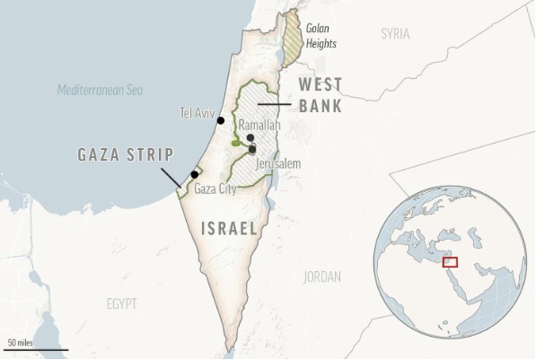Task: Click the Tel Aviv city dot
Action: pyautogui.click(x=220, y=120)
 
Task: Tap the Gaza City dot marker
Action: pyautogui.click(x=194, y=174)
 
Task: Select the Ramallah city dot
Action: pyautogui.click(x=250, y=138)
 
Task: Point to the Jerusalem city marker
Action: pyautogui.click(x=253, y=149)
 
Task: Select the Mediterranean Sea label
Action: pyautogui.click(x=99, y=90)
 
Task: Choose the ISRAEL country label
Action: pyautogui.click(x=229, y=229)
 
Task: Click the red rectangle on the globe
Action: pyautogui.click(x=452, y=262)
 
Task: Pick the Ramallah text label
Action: pyautogui.click(x=261, y=126)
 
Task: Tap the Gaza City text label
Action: pyautogui.click(x=215, y=189)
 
